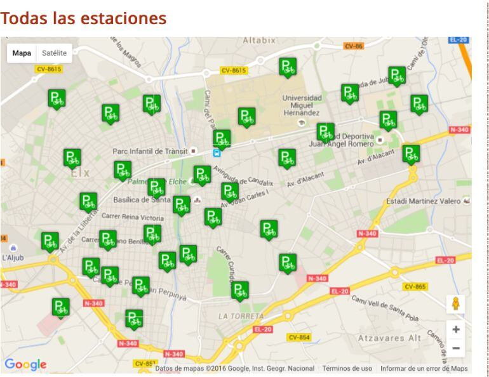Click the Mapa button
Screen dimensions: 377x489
tap(22, 53)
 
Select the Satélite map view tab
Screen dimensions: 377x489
tap(54, 53)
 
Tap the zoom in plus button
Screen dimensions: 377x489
tap(456, 329)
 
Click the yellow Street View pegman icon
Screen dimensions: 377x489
tap(456, 303)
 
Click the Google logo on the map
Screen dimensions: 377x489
tap(25, 364)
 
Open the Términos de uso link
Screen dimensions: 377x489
tap(347, 368)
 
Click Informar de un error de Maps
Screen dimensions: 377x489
tap(424, 368)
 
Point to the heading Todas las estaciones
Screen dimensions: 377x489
tap(83, 18)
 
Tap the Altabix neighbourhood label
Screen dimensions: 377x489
tap(259, 41)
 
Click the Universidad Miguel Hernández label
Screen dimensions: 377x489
tap(302, 105)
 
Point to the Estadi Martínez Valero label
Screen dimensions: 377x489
tap(423, 201)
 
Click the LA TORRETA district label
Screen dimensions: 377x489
tap(241, 316)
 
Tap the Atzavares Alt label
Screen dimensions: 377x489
tap(389, 338)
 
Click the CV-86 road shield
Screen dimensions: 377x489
tap(353, 46)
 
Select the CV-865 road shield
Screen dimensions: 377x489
tap(415, 286)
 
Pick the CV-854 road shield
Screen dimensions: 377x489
tap(298, 337)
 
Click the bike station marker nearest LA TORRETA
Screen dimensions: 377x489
tap(239, 291)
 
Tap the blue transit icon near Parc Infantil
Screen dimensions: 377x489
tap(217, 152)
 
